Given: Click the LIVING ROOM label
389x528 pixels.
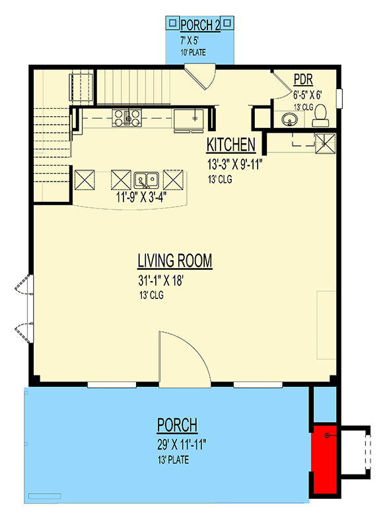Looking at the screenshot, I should coord(175,261).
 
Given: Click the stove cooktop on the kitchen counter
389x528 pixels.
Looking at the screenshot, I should coord(126,117).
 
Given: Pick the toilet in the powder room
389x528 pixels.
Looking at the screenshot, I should coord(319,116).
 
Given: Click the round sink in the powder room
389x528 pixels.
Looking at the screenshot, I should coord(289,119).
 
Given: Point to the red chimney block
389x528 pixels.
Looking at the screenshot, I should coord(323,459).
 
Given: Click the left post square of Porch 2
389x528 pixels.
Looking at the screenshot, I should coord(171,22).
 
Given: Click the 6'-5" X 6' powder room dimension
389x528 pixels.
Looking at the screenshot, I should coord(307,94).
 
